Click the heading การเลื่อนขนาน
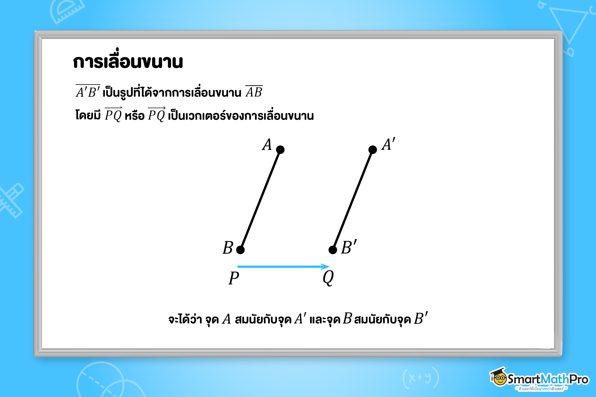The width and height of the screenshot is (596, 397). (128, 61)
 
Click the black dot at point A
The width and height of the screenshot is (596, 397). (280, 150)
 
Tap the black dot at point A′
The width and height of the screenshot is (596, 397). (372, 150)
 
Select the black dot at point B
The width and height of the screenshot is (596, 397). (240, 250)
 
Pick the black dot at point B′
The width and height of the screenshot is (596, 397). (333, 250)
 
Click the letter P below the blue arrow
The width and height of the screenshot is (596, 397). (234, 278)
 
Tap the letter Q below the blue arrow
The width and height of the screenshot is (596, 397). (328, 278)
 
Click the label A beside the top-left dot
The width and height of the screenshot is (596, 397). (267, 145)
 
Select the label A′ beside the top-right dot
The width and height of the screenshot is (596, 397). (388, 144)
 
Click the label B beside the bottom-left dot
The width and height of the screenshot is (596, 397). (228, 248)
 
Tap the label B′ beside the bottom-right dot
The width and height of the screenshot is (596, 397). (349, 247)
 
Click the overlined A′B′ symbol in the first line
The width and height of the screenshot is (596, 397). (88, 92)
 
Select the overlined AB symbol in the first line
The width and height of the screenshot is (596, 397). (254, 92)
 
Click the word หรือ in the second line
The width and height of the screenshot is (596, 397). (134, 116)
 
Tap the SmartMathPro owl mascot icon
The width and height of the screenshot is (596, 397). (498, 377)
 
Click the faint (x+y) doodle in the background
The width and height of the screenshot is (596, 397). (421, 378)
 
